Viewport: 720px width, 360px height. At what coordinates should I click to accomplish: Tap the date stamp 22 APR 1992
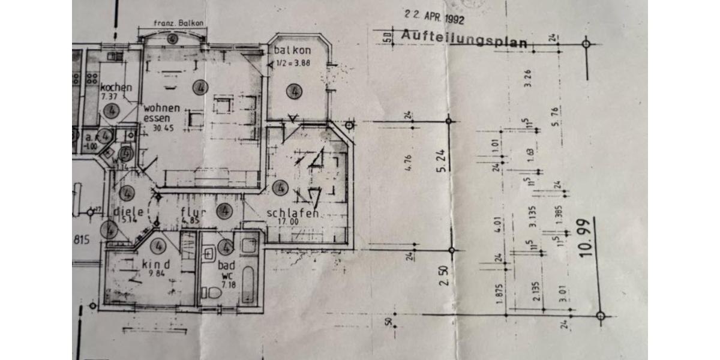point(434,19)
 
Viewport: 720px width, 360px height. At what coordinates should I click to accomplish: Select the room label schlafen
point(292,214)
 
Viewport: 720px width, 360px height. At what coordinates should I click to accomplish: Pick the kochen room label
point(116,88)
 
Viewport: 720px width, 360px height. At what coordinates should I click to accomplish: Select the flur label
point(193,211)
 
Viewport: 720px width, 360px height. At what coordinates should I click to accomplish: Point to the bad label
point(226,265)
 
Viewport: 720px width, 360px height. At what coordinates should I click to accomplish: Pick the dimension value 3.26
point(528,78)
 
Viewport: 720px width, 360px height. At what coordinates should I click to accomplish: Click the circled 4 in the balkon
point(293,92)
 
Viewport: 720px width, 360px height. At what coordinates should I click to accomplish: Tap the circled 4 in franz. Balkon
point(173,39)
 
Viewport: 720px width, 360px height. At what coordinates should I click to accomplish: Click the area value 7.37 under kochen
point(109,96)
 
